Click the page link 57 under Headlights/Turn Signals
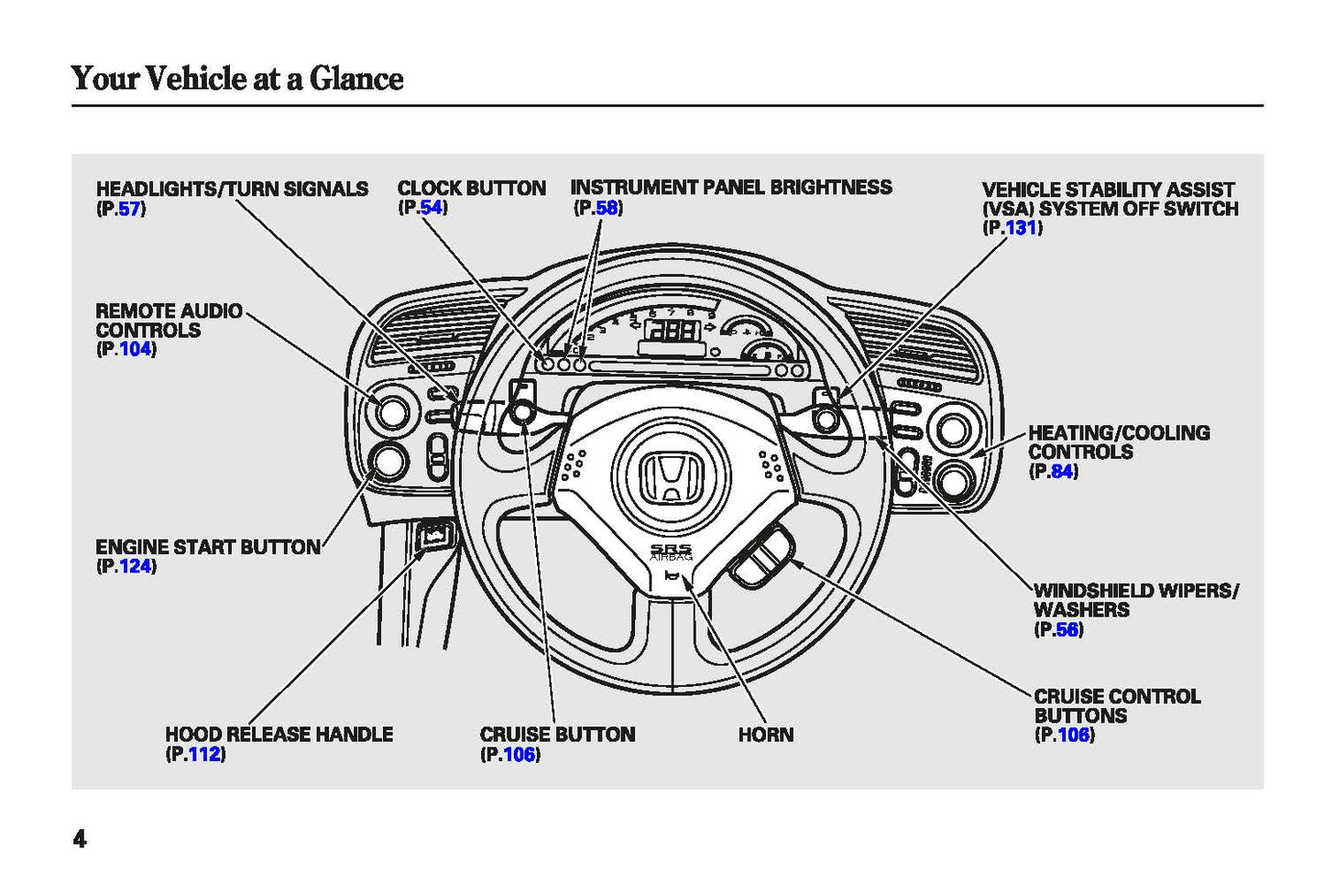pyautogui.click(x=129, y=209)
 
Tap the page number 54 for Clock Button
pyautogui.click(x=431, y=207)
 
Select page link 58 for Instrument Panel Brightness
pyautogui.click(x=607, y=208)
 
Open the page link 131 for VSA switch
pyautogui.click(x=1021, y=228)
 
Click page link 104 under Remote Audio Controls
pyautogui.click(x=135, y=349)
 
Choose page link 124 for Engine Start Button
pyautogui.click(x=135, y=566)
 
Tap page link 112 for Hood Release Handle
pyautogui.click(x=204, y=754)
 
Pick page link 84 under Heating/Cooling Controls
pyautogui.click(x=1062, y=472)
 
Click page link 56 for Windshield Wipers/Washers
pyautogui.click(x=1067, y=629)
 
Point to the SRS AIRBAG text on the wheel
pyautogui.click(x=671, y=551)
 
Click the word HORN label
pyautogui.click(x=766, y=735)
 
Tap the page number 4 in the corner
pyautogui.click(x=80, y=838)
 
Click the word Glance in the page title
pyautogui.click(x=356, y=79)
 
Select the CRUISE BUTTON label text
pyautogui.click(x=557, y=735)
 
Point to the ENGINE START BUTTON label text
pyautogui.click(x=208, y=547)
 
